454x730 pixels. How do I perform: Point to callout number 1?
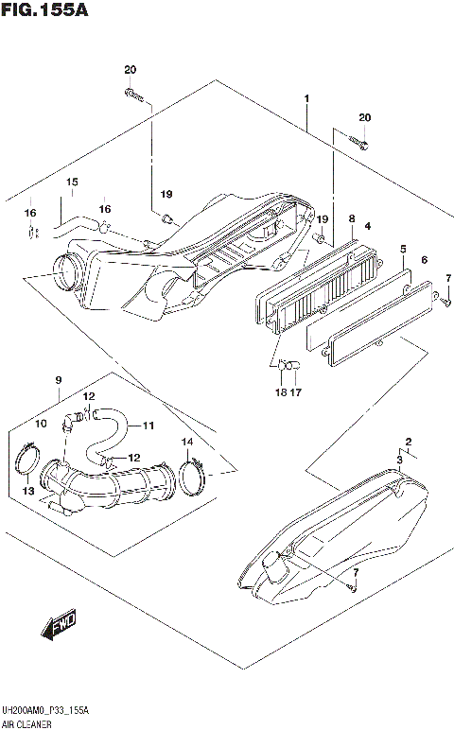coord(306,99)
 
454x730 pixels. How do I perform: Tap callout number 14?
coord(186,442)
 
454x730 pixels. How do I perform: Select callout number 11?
coord(148,426)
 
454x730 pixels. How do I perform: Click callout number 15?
coord(71,182)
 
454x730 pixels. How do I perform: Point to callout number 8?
coord(352,218)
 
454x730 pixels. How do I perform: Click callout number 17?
coord(295,392)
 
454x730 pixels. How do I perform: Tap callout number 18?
coord(281,392)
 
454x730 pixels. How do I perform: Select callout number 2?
coord(409,442)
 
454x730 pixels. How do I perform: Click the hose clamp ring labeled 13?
coord(31,464)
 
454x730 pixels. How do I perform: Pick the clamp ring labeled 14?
coord(192,473)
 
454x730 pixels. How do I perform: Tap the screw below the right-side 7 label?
coord(445,301)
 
